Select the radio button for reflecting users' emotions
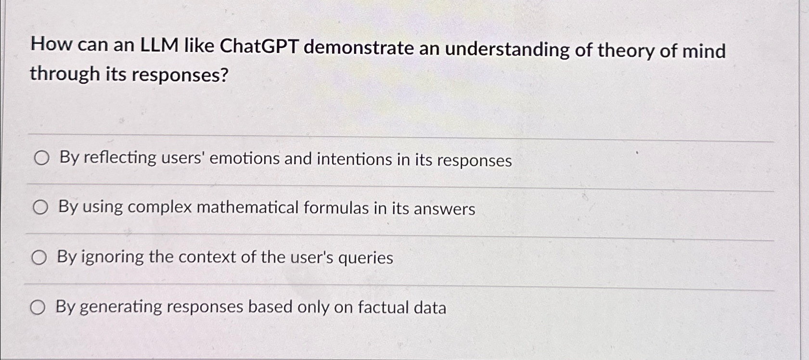(x=41, y=158)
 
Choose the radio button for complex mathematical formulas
(x=40, y=207)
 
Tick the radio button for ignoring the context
(x=39, y=257)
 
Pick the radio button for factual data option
(x=38, y=307)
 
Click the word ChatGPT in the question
(x=258, y=47)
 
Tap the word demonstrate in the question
(x=359, y=48)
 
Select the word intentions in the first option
(x=354, y=159)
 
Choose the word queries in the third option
(x=365, y=258)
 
